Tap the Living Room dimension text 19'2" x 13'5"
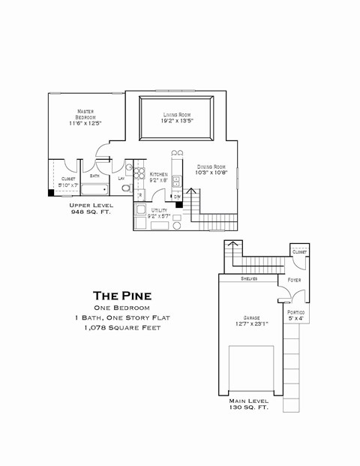[178, 120]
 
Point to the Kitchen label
[158, 174]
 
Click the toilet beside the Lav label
[127, 187]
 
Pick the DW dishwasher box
[177, 197]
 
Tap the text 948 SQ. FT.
[91, 212]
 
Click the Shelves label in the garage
[250, 278]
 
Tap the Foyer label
[294, 281]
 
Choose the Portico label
[295, 311]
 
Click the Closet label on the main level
[298, 252]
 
